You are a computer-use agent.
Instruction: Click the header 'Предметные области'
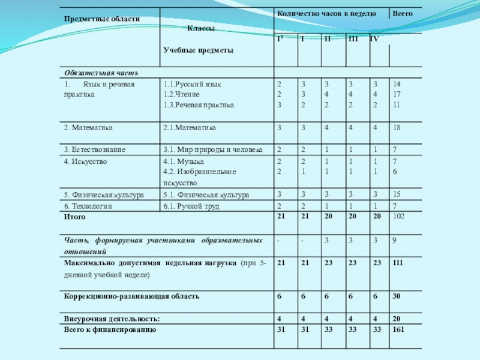(101, 19)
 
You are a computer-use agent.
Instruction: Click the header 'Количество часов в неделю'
(326, 13)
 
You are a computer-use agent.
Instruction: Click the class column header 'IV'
(374, 39)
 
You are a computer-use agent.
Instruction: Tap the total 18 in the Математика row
(397, 127)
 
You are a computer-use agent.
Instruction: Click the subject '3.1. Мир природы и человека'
(212, 149)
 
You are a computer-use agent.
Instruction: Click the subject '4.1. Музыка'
(184, 161)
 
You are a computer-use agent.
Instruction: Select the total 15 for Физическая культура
(397, 194)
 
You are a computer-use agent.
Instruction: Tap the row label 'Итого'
(75, 217)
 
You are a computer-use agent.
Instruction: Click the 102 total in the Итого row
(398, 217)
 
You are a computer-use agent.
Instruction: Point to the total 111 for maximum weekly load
(398, 263)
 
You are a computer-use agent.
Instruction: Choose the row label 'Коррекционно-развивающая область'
(122, 296)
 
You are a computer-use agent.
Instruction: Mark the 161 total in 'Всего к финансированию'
(398, 329)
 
